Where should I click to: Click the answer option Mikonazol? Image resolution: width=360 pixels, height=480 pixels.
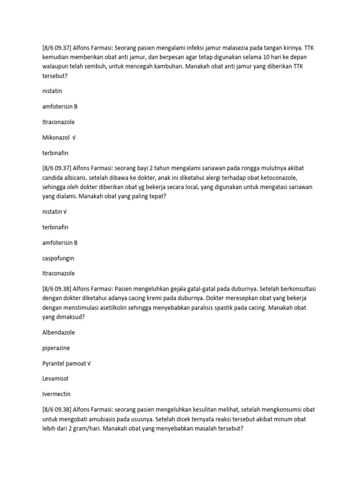pyautogui.click(x=56, y=137)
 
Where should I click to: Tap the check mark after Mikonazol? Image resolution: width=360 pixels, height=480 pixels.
pyautogui.click(x=74, y=137)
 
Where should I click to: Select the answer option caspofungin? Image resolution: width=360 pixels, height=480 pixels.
pyautogui.click(x=58, y=258)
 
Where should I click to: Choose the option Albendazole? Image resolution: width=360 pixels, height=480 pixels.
pyautogui.click(x=58, y=332)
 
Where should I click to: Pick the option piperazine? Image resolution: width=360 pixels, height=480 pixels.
pyautogui.click(x=56, y=348)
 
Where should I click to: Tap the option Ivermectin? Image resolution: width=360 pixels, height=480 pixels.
pyautogui.click(x=56, y=394)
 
